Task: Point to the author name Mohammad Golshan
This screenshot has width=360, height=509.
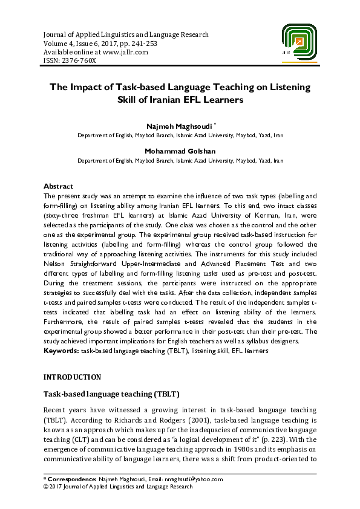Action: (180, 151)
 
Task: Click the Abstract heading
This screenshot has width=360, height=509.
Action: (59, 187)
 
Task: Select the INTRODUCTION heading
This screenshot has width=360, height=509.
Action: (73, 377)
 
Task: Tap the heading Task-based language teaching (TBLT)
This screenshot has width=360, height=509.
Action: (111, 394)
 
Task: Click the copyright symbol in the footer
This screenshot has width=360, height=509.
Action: (46, 486)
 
